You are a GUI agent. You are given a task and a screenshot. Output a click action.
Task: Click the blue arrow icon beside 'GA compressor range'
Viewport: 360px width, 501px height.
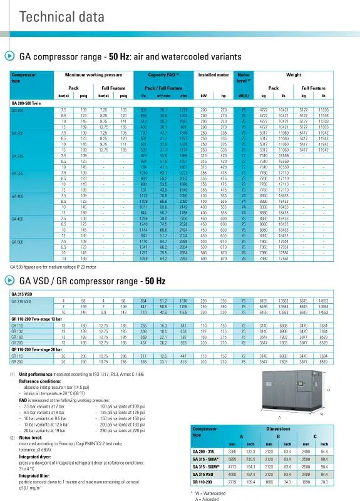click(x=10, y=56)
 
